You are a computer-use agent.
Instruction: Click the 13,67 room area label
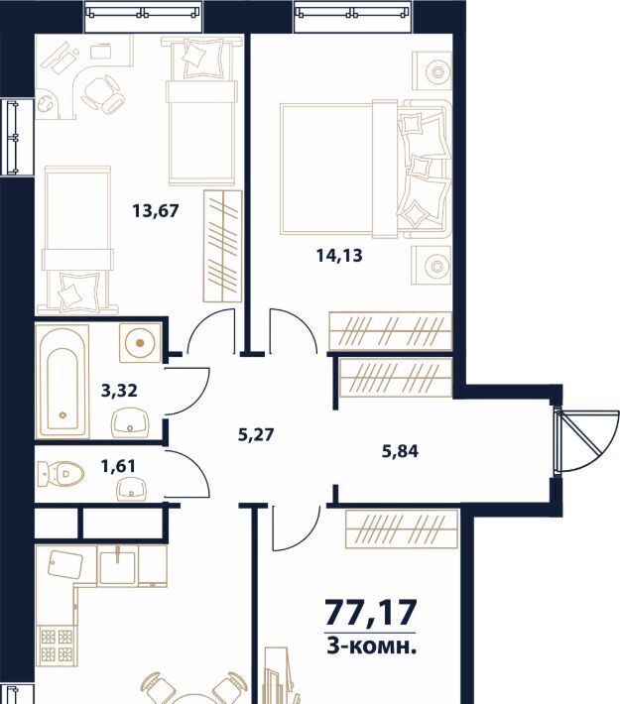point(156,210)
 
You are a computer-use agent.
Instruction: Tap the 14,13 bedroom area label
point(339,256)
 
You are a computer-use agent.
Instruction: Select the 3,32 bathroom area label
point(119,390)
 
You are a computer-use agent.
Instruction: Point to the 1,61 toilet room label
point(118,466)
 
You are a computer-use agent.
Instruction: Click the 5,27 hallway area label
point(256,434)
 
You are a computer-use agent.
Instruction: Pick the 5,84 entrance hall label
point(400,451)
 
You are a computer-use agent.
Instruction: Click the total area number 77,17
point(371,613)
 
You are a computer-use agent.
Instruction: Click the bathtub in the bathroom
point(62,381)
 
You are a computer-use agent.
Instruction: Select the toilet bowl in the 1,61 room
point(62,474)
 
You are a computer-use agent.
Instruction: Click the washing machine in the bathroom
point(140,342)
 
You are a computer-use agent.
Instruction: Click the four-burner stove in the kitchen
point(57,645)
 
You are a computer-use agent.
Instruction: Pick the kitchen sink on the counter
point(117,566)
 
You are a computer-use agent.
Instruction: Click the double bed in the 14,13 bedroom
point(366,169)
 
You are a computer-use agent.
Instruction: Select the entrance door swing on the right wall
point(586,440)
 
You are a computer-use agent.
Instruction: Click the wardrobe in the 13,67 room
point(223,246)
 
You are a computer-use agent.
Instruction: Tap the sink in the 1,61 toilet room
point(131,489)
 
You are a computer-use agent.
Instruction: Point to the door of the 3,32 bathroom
point(186,391)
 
